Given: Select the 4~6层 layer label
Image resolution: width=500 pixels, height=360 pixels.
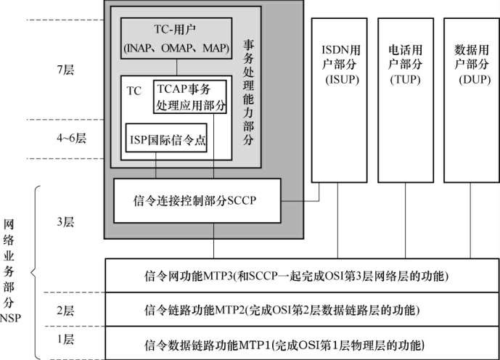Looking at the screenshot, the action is click(68, 139).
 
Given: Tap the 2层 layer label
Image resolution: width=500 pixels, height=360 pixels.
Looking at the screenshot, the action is click(65, 311).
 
